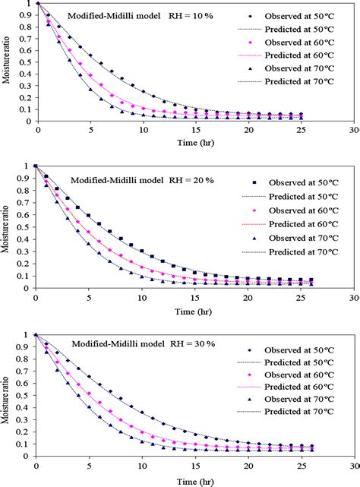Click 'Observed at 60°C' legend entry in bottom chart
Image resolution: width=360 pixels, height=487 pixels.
[303, 375]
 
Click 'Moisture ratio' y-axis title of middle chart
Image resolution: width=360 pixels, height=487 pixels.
[7, 226]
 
